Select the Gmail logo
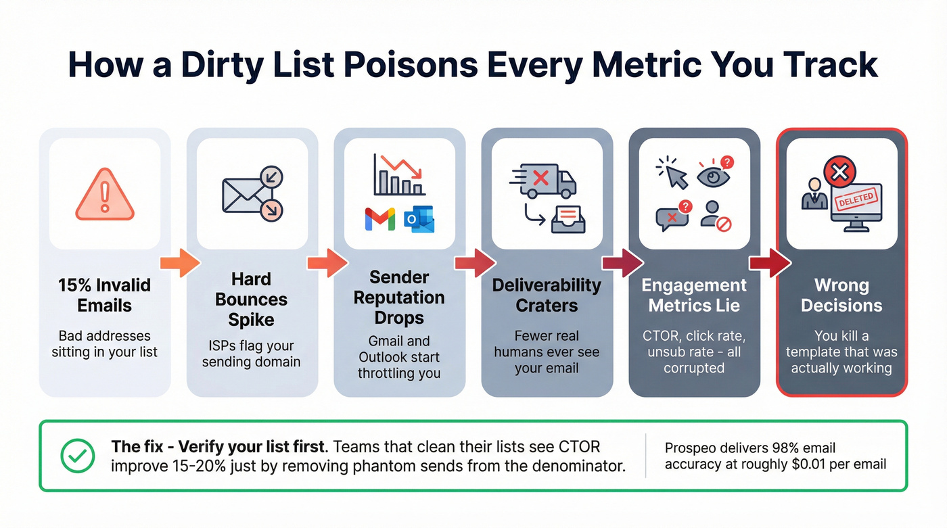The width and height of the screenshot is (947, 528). [x=379, y=220]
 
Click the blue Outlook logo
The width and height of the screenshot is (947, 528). [x=419, y=220]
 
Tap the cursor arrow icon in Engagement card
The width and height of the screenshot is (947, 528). [x=673, y=173]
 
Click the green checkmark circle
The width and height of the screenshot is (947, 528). [x=78, y=456]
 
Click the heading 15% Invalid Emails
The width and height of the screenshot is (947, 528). [x=104, y=295]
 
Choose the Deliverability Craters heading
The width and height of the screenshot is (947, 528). [x=547, y=295]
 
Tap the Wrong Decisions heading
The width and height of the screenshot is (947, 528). [x=841, y=295]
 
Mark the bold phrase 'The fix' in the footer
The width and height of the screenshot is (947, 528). [x=135, y=447]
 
